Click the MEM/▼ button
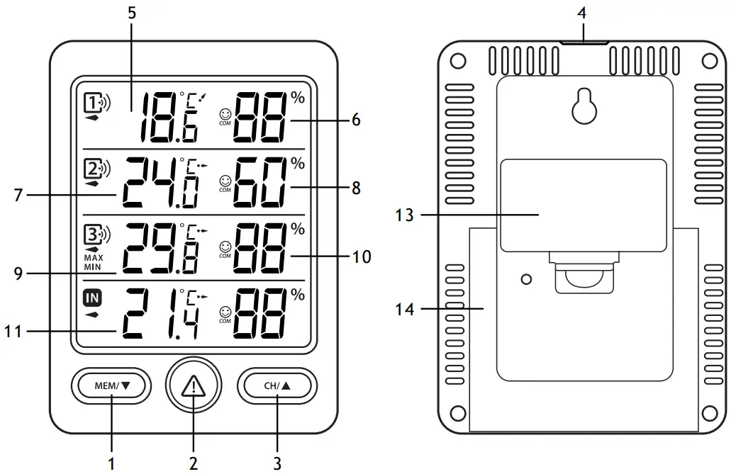tap(112, 386)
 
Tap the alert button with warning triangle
tap(193, 386)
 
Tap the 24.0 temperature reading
tap(160, 182)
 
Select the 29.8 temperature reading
tap(160, 247)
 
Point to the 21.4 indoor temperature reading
tap(160, 313)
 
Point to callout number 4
tap(584, 12)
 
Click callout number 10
tap(362, 256)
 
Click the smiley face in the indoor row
tap(225, 310)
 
